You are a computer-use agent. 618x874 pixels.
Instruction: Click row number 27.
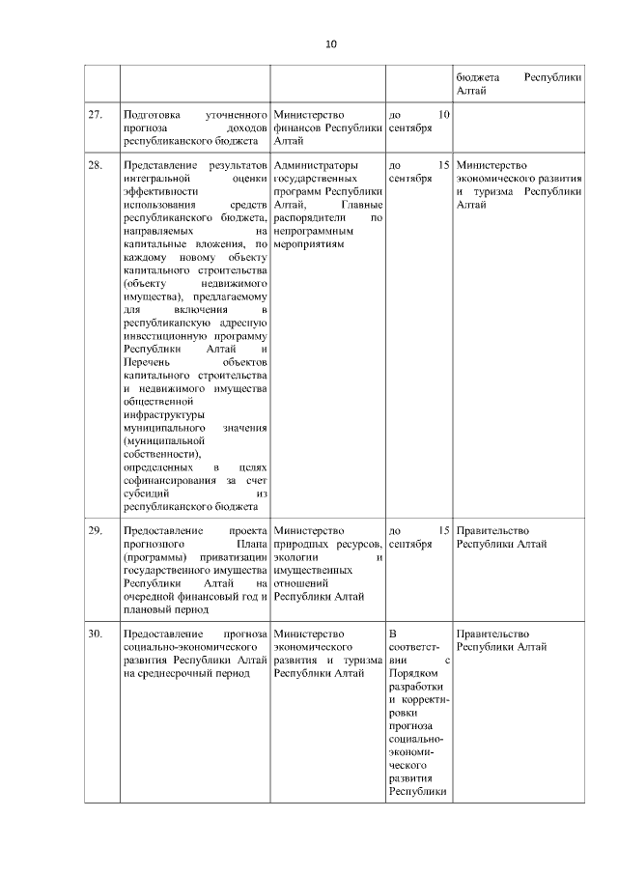[95, 115]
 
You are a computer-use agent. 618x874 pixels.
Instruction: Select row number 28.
[95, 165]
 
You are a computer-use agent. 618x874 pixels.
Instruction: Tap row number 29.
[95, 530]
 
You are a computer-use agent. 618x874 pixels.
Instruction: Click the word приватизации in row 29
[234, 556]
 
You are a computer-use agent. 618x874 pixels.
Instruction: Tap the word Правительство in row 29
[492, 530]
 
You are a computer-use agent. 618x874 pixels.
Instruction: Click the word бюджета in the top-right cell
[475, 76]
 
